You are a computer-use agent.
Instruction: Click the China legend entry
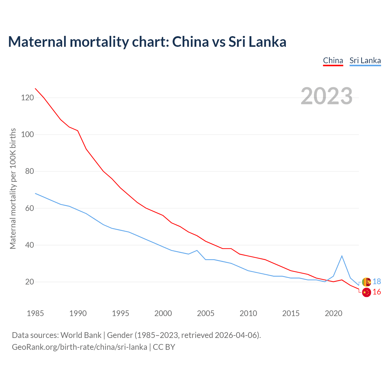pos(333,60)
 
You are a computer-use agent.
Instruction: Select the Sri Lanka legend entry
pos(365,60)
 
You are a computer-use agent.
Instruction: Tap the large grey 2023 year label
pos(326,96)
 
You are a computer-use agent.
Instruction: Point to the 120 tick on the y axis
pos(27,98)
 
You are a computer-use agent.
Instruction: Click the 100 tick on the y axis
pos(27,135)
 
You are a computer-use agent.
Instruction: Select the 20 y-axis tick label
pos(29,282)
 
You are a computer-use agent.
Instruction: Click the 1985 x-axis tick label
pos(35,313)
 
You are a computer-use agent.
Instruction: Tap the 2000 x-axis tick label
pos(163,313)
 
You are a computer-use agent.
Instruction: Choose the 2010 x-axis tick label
pos(248,313)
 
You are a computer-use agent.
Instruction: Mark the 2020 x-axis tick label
pos(333,313)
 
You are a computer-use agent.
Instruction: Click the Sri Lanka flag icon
pos(367,282)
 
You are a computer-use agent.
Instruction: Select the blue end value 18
pos(377,282)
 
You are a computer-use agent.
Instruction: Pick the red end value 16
pos(377,292)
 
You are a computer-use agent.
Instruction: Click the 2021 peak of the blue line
pos(342,256)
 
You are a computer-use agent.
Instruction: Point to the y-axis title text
pos(13,189)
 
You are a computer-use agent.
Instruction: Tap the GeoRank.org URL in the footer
pos(79,347)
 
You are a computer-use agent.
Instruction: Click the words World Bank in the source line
pos(81,335)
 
